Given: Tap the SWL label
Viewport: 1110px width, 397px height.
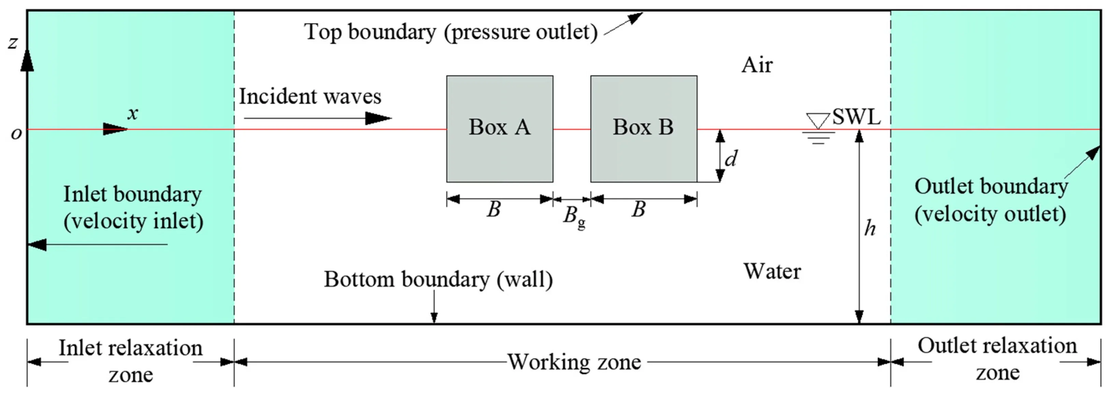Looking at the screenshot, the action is pos(856,117).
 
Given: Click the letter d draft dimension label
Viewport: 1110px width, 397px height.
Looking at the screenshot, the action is pos(731,159).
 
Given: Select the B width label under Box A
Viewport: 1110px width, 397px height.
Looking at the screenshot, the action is pos(494,209).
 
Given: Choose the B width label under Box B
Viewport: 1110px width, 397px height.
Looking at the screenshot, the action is pos(639,209).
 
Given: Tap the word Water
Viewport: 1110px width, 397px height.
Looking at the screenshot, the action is pos(772,271).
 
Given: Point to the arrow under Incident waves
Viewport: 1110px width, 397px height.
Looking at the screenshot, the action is pos(318,118).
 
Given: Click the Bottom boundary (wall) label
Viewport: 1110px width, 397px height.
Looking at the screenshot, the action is pos(438,279).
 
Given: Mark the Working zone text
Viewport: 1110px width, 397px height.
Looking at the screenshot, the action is pos(574,361).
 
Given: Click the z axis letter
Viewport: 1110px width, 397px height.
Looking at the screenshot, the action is pos(13,42).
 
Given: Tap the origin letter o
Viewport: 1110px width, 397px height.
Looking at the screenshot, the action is pos(16,133).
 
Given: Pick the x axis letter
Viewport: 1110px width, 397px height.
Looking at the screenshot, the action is pos(133,113).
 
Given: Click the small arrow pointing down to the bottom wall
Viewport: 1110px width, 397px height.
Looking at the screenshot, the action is pos(435,307).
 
